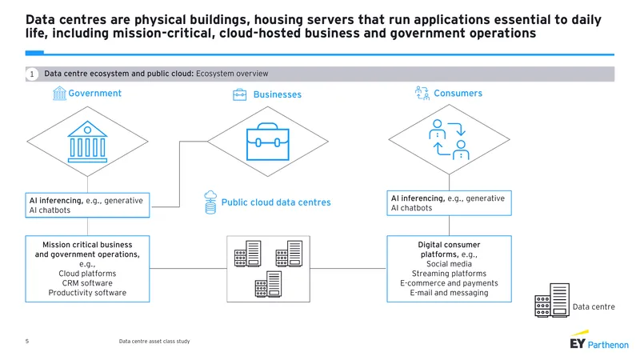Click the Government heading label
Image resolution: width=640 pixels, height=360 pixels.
pyautogui.click(x=94, y=94)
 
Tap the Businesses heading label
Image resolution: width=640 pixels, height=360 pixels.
pyautogui.click(x=277, y=94)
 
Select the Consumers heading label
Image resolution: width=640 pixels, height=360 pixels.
pyautogui.click(x=458, y=94)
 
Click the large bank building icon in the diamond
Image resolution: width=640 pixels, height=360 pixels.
pyautogui.click(x=87, y=142)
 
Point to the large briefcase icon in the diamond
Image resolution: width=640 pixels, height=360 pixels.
pyautogui.click(x=268, y=142)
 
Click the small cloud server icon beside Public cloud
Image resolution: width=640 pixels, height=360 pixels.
pyautogui.click(x=210, y=202)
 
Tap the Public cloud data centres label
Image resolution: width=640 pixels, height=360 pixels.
pyautogui.click(x=276, y=202)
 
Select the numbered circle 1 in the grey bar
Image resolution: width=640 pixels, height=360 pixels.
pyautogui.click(x=32, y=74)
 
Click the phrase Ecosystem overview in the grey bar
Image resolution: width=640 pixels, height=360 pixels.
pyautogui.click(x=232, y=74)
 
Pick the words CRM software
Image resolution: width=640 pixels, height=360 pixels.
pyautogui.click(x=87, y=283)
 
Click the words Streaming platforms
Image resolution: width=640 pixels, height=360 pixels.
pyautogui.click(x=449, y=274)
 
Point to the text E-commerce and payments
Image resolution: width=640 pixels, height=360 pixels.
pyautogui.click(x=449, y=283)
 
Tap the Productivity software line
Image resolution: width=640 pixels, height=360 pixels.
pyautogui.click(x=87, y=293)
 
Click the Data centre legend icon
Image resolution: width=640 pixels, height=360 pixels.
pyautogui.click(x=552, y=301)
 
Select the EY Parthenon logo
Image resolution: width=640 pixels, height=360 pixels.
pyautogui.click(x=599, y=340)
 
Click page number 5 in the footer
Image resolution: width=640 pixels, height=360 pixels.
pyautogui.click(x=27, y=342)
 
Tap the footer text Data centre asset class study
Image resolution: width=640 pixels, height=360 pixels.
pyautogui.click(x=154, y=342)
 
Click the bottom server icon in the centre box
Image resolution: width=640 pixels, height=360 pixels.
pyautogui.click(x=268, y=284)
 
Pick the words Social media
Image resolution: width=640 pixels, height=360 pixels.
pyautogui.click(x=449, y=264)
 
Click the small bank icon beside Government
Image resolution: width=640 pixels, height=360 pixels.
pyautogui.click(x=59, y=94)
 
